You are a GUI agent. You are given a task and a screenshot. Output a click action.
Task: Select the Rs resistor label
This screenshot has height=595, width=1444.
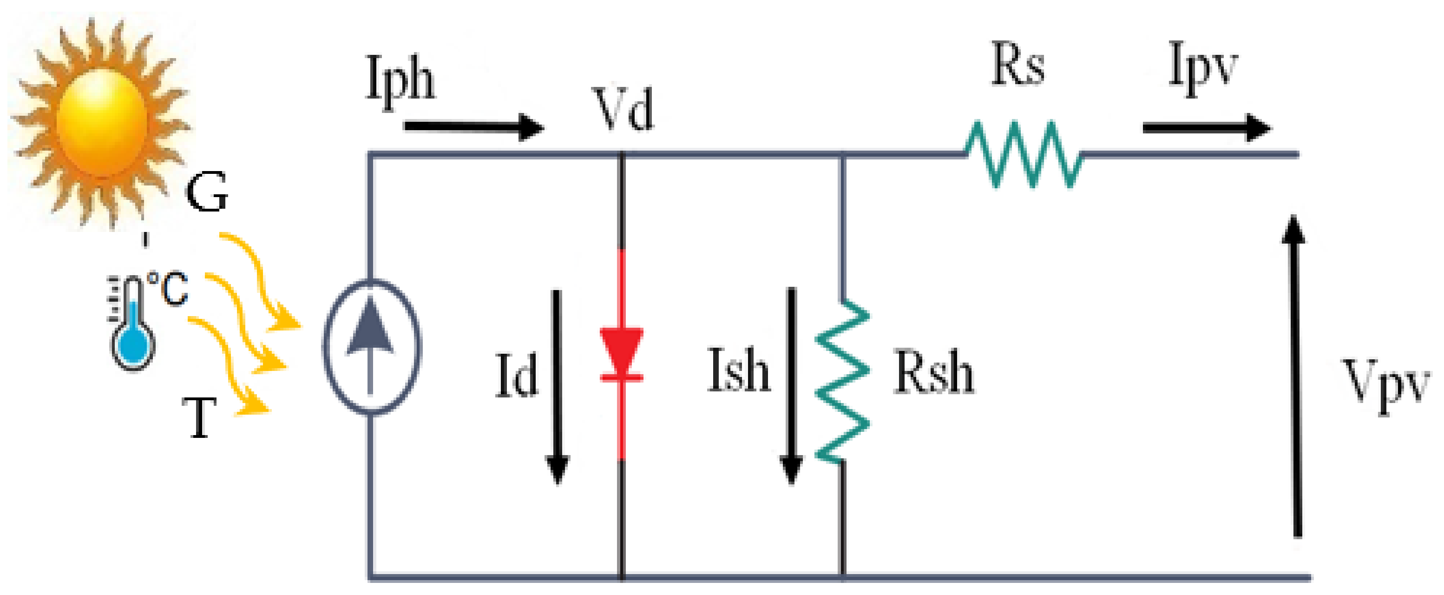[1017, 65]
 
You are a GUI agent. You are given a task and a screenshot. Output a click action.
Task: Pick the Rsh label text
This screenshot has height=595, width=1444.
[934, 372]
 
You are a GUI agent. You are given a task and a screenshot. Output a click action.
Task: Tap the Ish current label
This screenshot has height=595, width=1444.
[738, 370]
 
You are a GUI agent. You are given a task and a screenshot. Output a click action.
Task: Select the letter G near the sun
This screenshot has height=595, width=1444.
[207, 192]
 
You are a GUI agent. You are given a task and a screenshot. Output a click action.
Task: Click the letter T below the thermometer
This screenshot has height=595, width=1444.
[199, 418]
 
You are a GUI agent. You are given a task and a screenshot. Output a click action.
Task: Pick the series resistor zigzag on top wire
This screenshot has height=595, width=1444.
[1024, 155]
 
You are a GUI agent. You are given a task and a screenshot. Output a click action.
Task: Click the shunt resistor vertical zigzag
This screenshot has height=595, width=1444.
[842, 381]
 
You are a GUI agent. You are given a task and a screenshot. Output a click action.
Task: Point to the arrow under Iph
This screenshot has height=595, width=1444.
[474, 127]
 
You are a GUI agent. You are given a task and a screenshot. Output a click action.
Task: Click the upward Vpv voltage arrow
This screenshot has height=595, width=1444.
[1295, 376]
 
